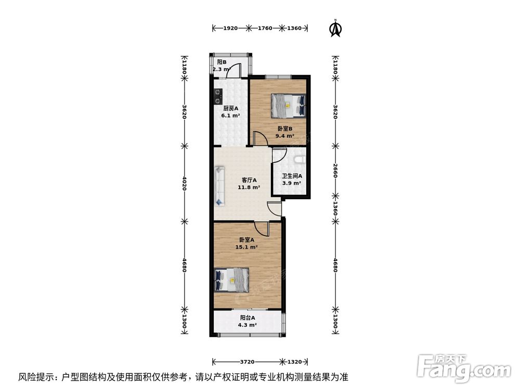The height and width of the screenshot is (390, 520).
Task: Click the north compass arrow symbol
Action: click(x=336, y=29)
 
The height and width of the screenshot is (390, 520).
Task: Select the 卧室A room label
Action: click(x=246, y=240)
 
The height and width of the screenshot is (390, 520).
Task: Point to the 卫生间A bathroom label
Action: click(x=292, y=176)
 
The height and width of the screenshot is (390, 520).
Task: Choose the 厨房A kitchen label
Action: click(x=231, y=109)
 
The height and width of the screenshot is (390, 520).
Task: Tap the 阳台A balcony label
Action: click(x=248, y=318)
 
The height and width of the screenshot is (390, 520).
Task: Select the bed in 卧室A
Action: click(x=231, y=280)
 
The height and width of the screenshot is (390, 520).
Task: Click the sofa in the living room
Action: click(x=219, y=185)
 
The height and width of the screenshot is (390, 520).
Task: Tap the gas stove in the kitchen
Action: click(x=217, y=95)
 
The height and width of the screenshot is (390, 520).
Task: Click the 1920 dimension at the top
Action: click(x=230, y=28)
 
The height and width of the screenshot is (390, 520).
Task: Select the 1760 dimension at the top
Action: click(x=265, y=28)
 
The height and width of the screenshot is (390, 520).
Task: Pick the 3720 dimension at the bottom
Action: click(x=247, y=362)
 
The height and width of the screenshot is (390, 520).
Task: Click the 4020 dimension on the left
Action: click(x=184, y=183)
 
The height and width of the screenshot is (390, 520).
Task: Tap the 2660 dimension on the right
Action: click(x=336, y=170)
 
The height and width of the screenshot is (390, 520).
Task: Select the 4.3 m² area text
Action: click(x=248, y=325)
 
